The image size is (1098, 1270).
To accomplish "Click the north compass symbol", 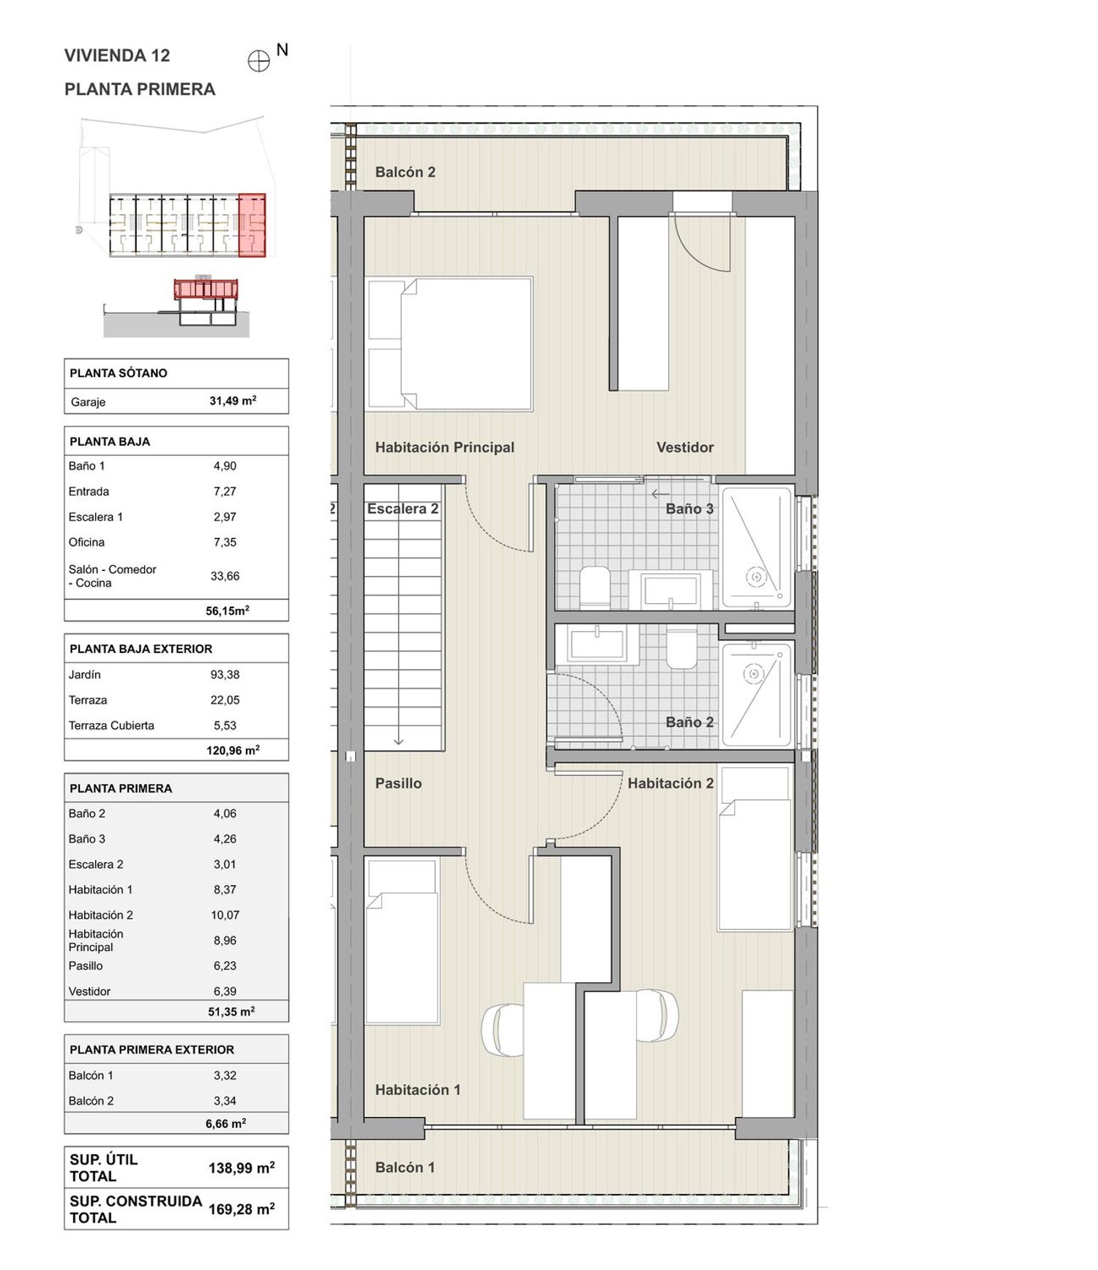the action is pyautogui.click(x=259, y=61).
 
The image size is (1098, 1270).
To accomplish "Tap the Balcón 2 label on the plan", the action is pyautogui.click(x=405, y=172).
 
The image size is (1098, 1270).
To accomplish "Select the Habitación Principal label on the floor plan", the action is pyautogui.click(x=444, y=447).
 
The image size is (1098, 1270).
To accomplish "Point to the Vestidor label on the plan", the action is pyautogui.click(x=684, y=447).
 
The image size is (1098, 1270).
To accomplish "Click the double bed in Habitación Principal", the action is pyautogui.click(x=449, y=343).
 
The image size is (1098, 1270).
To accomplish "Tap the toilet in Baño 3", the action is pyautogui.click(x=595, y=587).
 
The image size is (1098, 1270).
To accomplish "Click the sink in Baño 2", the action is pyautogui.click(x=597, y=644).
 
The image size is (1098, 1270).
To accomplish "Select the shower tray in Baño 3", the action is pyautogui.click(x=757, y=548).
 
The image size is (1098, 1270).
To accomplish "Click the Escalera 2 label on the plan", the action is pyautogui.click(x=403, y=509).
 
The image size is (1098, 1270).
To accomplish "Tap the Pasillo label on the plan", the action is pyautogui.click(x=398, y=783).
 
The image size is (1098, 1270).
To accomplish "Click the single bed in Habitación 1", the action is pyautogui.click(x=402, y=941).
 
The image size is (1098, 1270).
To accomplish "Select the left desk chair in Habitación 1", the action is pyautogui.click(x=503, y=1030).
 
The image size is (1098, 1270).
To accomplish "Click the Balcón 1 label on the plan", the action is pyautogui.click(x=405, y=1168).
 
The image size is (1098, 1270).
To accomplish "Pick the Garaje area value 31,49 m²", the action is pyautogui.click(x=233, y=400).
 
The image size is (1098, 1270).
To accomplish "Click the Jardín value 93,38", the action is pyautogui.click(x=225, y=675).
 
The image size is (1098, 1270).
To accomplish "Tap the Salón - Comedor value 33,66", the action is pyautogui.click(x=225, y=576).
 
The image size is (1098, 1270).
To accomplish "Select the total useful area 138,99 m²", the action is pyautogui.click(x=242, y=1168).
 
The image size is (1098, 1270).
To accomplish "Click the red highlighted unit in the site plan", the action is pyautogui.click(x=252, y=225).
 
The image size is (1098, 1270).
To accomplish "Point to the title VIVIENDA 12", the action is pyautogui.click(x=117, y=56).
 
